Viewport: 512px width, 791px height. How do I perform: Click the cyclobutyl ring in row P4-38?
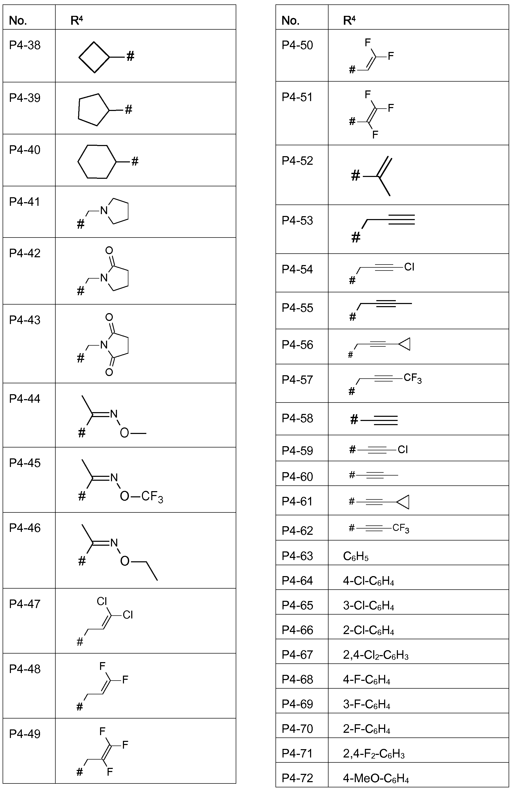point(79,57)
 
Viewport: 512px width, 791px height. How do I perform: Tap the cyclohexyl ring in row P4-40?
point(78,162)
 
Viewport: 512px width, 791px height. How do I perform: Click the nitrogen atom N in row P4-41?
point(104,210)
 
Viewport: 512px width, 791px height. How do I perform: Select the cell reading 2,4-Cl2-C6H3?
point(376,655)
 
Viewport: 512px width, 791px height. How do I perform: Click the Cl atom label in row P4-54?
point(409,267)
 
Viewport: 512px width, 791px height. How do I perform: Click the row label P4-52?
point(297,161)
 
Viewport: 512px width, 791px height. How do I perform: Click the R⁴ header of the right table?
point(349,21)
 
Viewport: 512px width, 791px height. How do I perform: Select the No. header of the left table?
point(18,21)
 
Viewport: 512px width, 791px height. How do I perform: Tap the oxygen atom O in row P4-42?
point(109,250)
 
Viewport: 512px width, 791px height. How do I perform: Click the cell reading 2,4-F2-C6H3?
point(374,754)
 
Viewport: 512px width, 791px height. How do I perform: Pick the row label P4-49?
point(25,734)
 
